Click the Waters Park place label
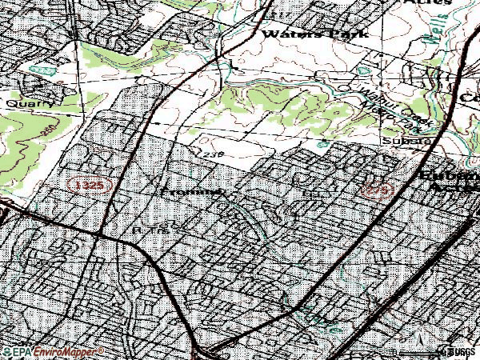[314, 34]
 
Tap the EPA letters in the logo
[14, 351]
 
